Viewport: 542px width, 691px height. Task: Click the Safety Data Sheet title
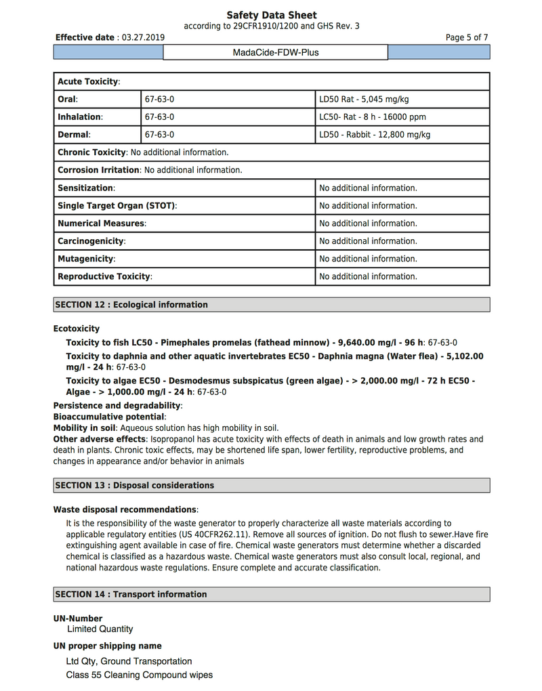271,15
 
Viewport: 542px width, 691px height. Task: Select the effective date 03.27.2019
143,38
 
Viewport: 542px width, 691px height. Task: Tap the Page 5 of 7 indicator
467,38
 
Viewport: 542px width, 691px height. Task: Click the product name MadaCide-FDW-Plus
275,52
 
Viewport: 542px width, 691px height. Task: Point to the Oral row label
67,100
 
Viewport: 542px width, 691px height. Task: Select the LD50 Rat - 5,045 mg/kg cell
364,100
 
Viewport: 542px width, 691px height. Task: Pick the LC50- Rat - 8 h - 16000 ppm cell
373,117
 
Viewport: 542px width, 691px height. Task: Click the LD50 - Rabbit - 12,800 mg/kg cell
375,135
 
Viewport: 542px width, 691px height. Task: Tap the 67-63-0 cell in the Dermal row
159,135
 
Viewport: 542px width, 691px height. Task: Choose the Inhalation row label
80,117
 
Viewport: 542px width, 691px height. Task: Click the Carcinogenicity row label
91,241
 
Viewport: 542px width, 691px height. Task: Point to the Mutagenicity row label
86,259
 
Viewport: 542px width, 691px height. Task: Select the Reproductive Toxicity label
104,276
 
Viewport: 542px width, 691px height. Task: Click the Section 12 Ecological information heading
131,305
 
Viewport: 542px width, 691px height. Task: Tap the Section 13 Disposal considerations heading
134,486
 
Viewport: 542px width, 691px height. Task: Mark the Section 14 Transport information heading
131,595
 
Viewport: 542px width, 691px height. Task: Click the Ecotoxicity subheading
77,329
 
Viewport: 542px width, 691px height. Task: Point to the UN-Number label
78,619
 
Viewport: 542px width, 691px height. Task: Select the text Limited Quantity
100,629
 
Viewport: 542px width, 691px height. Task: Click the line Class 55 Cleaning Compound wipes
139,675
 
